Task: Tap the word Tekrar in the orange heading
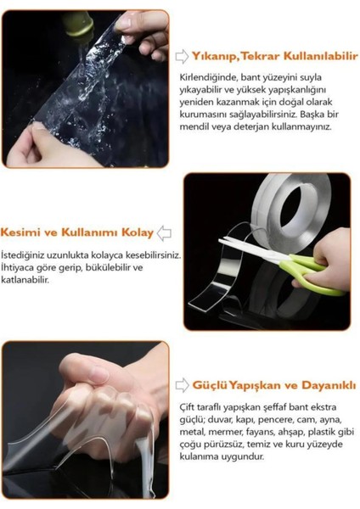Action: coord(263,56)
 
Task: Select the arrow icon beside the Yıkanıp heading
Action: coord(182,57)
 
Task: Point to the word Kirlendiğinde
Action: coord(206,77)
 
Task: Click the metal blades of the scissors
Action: coord(249,252)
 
